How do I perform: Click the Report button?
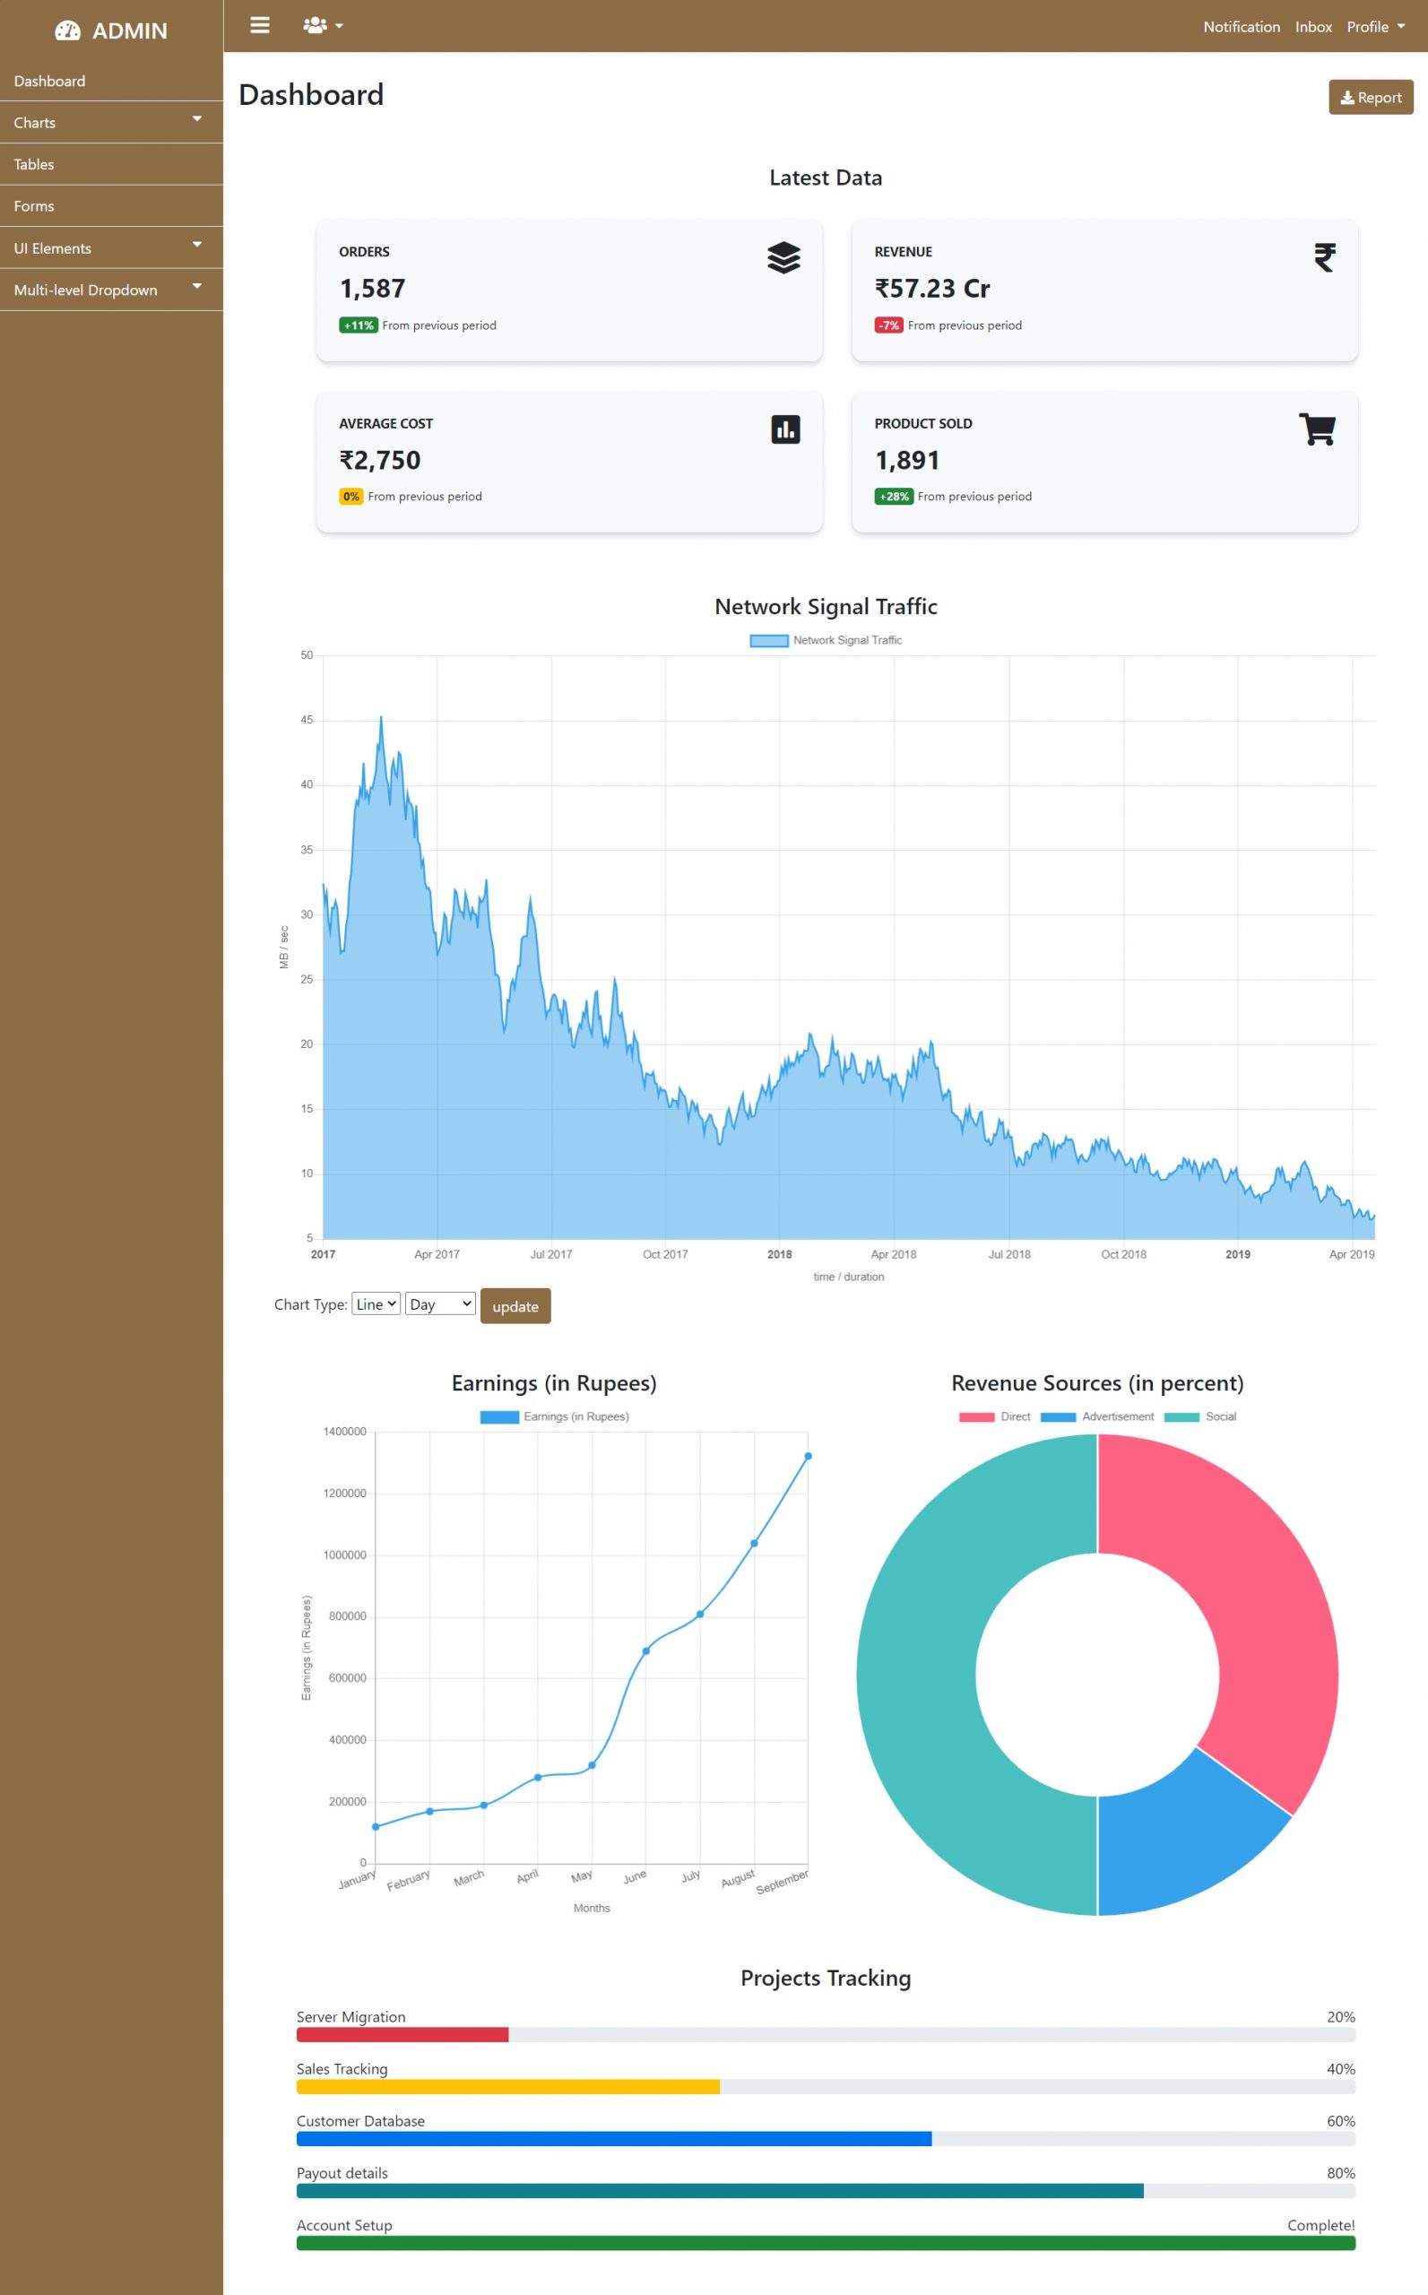pos(1371,98)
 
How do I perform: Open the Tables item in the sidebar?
pos(34,164)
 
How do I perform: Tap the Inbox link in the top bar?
pos(1312,26)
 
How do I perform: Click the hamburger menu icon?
pos(260,25)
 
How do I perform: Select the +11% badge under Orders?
pos(358,325)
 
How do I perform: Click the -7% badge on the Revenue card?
pos(887,325)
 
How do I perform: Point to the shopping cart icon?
pos(1317,429)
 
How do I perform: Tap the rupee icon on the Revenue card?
pos(1324,257)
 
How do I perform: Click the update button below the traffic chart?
pos(515,1306)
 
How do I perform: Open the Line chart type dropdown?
pos(376,1304)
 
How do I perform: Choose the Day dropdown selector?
pos(440,1304)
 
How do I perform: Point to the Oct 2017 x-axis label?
pos(665,1254)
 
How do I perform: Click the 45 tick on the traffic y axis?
pos(306,720)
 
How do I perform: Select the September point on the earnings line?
pos(808,1456)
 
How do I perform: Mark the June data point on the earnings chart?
pos(646,1651)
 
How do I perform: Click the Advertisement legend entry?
pos(1097,1416)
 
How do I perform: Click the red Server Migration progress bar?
pos(402,2034)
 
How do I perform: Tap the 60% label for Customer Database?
pos(1340,2121)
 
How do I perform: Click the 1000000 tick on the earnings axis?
pos(345,1555)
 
